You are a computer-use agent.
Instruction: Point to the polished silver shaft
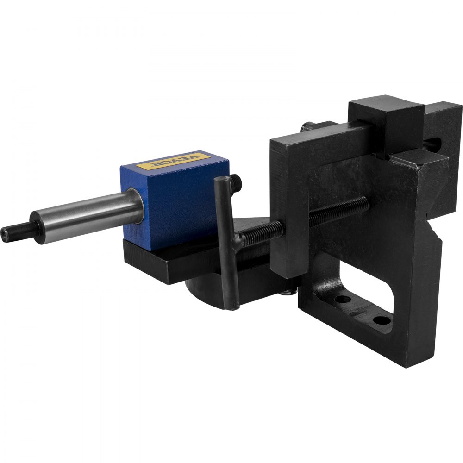[88, 215]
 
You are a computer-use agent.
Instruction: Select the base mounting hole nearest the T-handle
[342, 299]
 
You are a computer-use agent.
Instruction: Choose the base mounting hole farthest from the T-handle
[381, 319]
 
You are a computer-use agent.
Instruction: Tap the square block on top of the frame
[387, 123]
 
